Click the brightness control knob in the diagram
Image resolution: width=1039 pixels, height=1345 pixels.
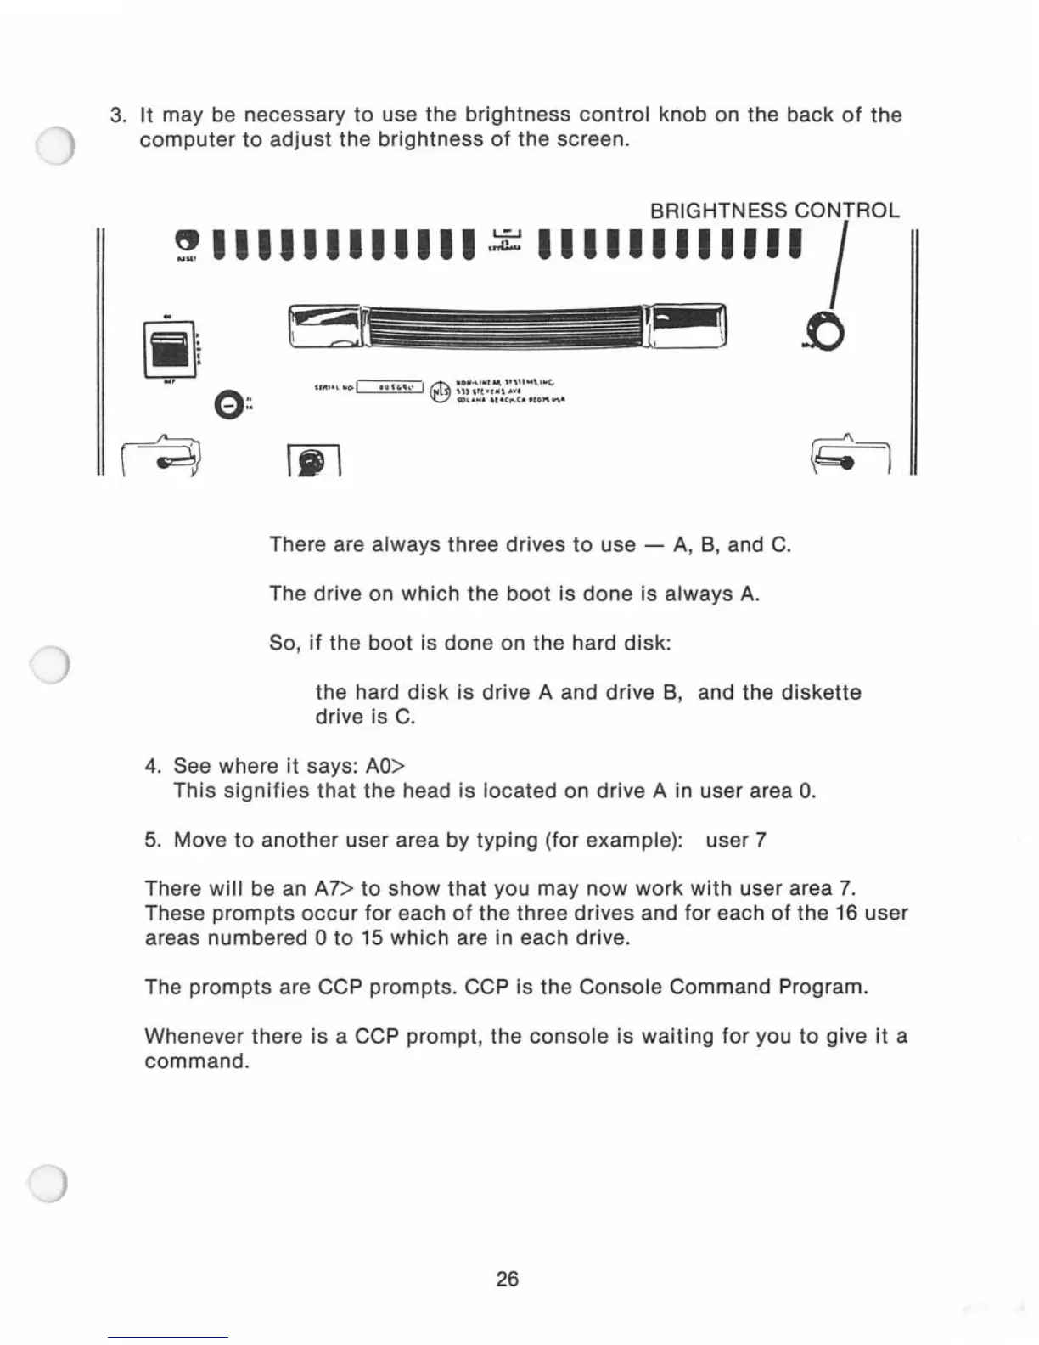pyautogui.click(x=828, y=333)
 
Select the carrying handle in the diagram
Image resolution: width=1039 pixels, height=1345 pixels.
pyautogui.click(x=507, y=326)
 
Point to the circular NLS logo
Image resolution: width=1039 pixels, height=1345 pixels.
pyautogui.click(x=440, y=391)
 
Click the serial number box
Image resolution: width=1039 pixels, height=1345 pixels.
pyautogui.click(x=390, y=388)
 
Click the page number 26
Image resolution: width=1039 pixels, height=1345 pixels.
pyautogui.click(x=507, y=1279)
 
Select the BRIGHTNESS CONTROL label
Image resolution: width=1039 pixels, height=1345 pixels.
pyautogui.click(x=774, y=211)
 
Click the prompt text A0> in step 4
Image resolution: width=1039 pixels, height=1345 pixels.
pyautogui.click(x=385, y=766)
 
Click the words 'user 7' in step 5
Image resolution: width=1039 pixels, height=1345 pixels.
pyautogui.click(x=736, y=840)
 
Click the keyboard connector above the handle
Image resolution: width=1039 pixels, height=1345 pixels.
pyautogui.click(x=506, y=240)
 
